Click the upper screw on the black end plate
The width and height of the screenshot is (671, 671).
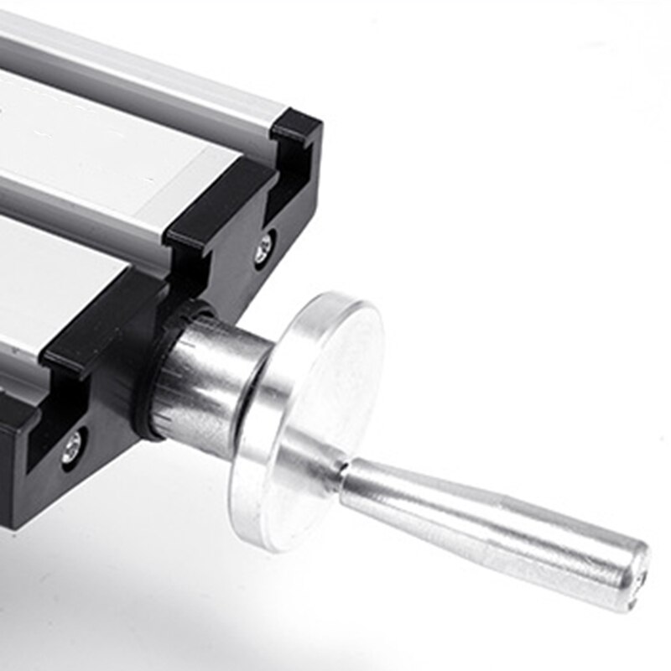(x=265, y=246)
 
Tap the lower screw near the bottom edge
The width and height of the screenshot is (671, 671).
(x=72, y=445)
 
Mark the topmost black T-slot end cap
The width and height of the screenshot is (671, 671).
(x=298, y=130)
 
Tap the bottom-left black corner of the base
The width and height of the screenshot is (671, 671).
(x=13, y=512)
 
